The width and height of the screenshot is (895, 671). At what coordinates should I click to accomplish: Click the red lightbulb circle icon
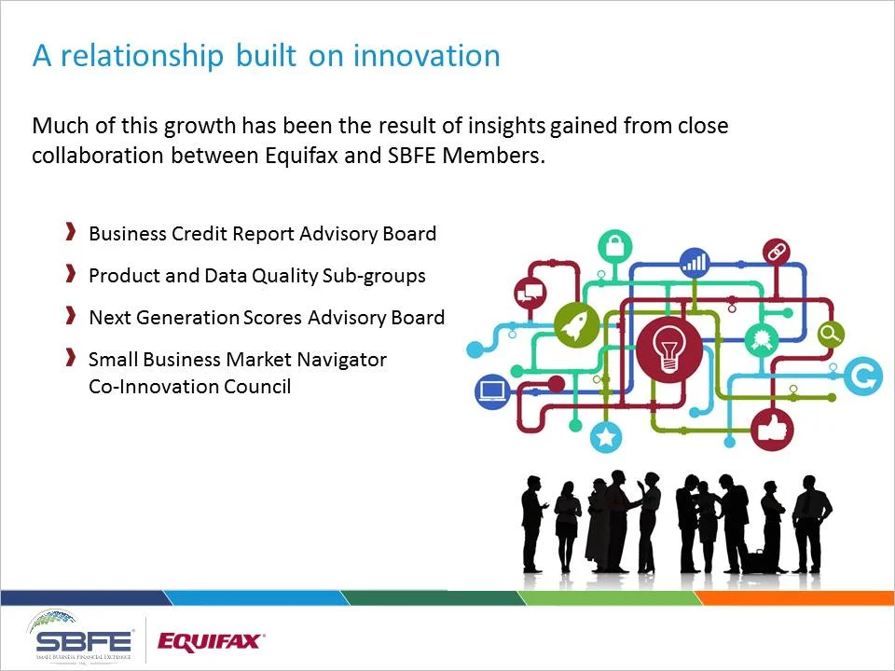pyautogui.click(x=668, y=349)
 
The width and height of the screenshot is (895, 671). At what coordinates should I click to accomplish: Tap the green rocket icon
pyautogui.click(x=577, y=324)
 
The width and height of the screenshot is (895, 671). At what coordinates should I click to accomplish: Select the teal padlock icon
pyautogui.click(x=614, y=247)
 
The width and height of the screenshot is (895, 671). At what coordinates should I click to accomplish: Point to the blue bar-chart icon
pyautogui.click(x=695, y=263)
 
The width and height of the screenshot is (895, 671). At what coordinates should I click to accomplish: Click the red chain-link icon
pyautogui.click(x=776, y=252)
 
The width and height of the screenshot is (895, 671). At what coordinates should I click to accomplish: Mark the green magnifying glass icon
pyautogui.click(x=830, y=333)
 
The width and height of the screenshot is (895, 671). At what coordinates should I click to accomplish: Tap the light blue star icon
pyautogui.click(x=607, y=435)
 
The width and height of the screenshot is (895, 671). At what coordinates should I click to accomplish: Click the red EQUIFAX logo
pyautogui.click(x=212, y=641)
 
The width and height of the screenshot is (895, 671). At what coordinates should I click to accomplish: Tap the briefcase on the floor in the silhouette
pyautogui.click(x=755, y=561)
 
